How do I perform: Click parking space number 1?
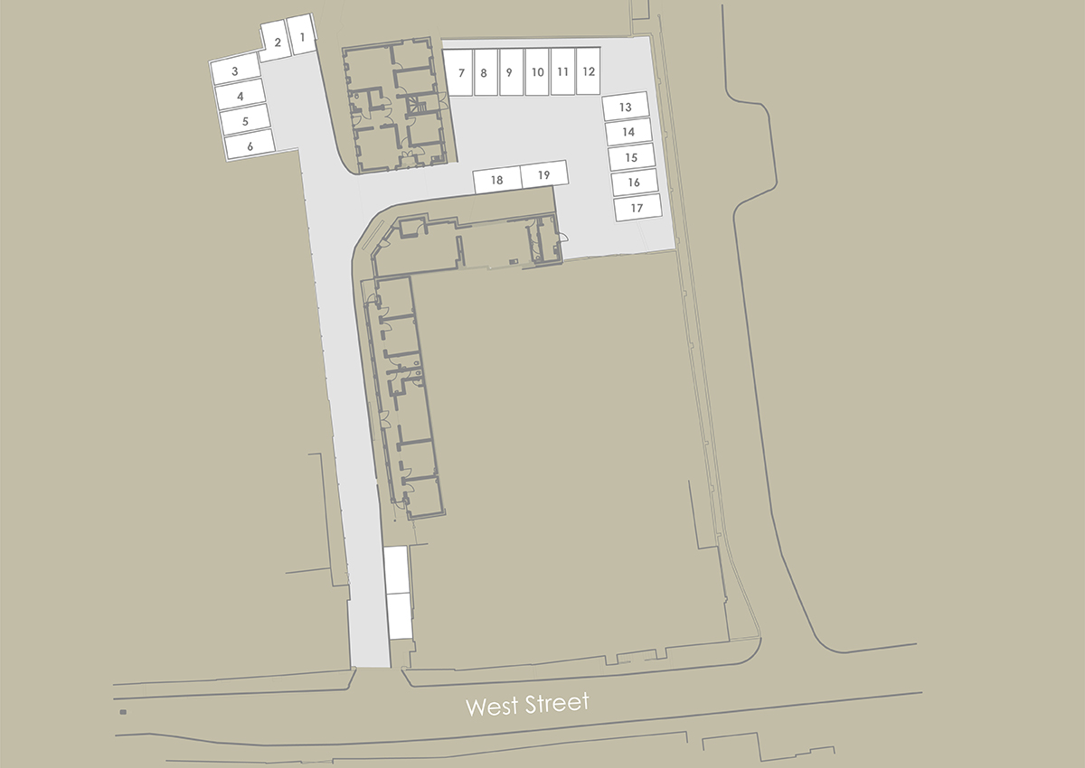click(x=302, y=38)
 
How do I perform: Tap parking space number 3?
click(x=235, y=70)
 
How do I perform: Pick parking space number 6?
click(x=241, y=95)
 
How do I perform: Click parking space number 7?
click(x=245, y=119)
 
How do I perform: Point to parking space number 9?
click(x=249, y=145)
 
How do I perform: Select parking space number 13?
click(x=485, y=72)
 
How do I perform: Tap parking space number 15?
click(x=510, y=72)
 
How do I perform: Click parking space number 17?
click(x=537, y=72)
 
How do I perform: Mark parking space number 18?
click(x=562, y=71)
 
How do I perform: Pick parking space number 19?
click(x=588, y=71)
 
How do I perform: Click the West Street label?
click(x=626, y=107)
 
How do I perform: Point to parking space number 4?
click(x=628, y=132)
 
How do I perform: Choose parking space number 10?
click(x=631, y=157)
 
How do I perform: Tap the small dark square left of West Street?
click(x=122, y=712)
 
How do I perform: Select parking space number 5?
click(x=637, y=208)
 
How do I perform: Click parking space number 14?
click(x=496, y=180)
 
